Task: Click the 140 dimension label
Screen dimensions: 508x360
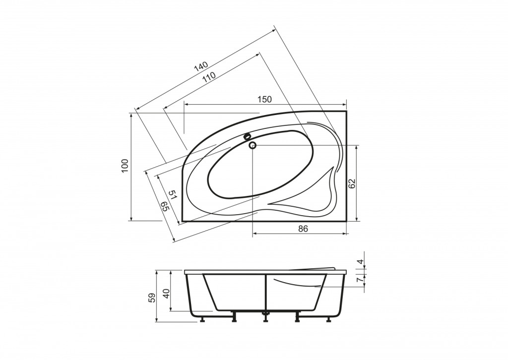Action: click(201, 66)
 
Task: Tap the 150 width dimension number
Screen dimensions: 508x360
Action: click(265, 99)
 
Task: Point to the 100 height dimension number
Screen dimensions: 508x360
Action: click(126, 166)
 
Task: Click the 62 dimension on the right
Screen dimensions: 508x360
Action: click(352, 183)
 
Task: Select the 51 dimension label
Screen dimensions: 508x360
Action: click(173, 194)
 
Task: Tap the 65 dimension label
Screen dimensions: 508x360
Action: click(165, 207)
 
